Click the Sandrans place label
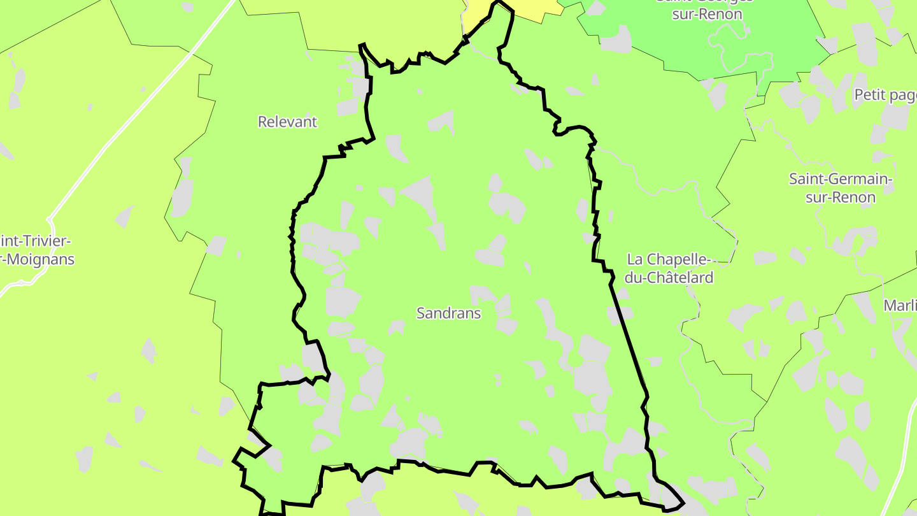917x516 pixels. coord(448,313)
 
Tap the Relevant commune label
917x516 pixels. coord(287,122)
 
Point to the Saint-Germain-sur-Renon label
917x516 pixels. coord(841,188)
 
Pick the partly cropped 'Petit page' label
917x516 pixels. coord(885,95)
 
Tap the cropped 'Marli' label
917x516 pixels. coord(900,305)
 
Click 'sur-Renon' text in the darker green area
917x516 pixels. coord(707,14)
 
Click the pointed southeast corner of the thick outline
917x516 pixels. coord(681,503)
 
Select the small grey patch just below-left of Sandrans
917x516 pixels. coord(397,327)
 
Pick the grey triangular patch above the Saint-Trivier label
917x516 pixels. coord(125,216)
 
